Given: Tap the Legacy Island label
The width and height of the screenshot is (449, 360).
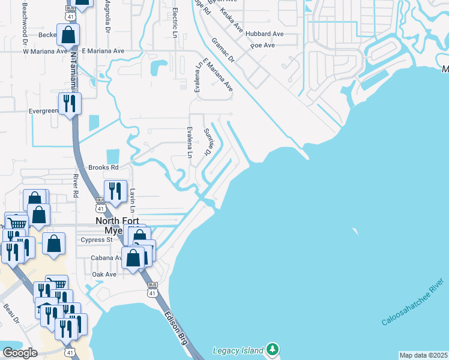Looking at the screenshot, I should pos(238,350).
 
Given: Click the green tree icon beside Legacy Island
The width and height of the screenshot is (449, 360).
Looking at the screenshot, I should pos(273,349).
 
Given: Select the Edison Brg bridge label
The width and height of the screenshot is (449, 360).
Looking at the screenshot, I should pos(175,327).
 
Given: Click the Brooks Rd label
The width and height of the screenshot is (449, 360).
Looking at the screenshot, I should pos(103,167).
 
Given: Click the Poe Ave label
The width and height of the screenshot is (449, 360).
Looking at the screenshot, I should pos(262,45).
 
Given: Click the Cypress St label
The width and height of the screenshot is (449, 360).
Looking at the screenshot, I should pos(97,239).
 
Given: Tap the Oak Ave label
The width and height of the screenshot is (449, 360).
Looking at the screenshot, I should pos(104,274).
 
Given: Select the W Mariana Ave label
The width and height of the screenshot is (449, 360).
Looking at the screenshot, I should pos(45,51).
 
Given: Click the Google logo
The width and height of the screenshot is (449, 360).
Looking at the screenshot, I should pos(20,353).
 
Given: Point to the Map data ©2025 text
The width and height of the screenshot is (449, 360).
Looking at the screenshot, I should pos(423,355).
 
